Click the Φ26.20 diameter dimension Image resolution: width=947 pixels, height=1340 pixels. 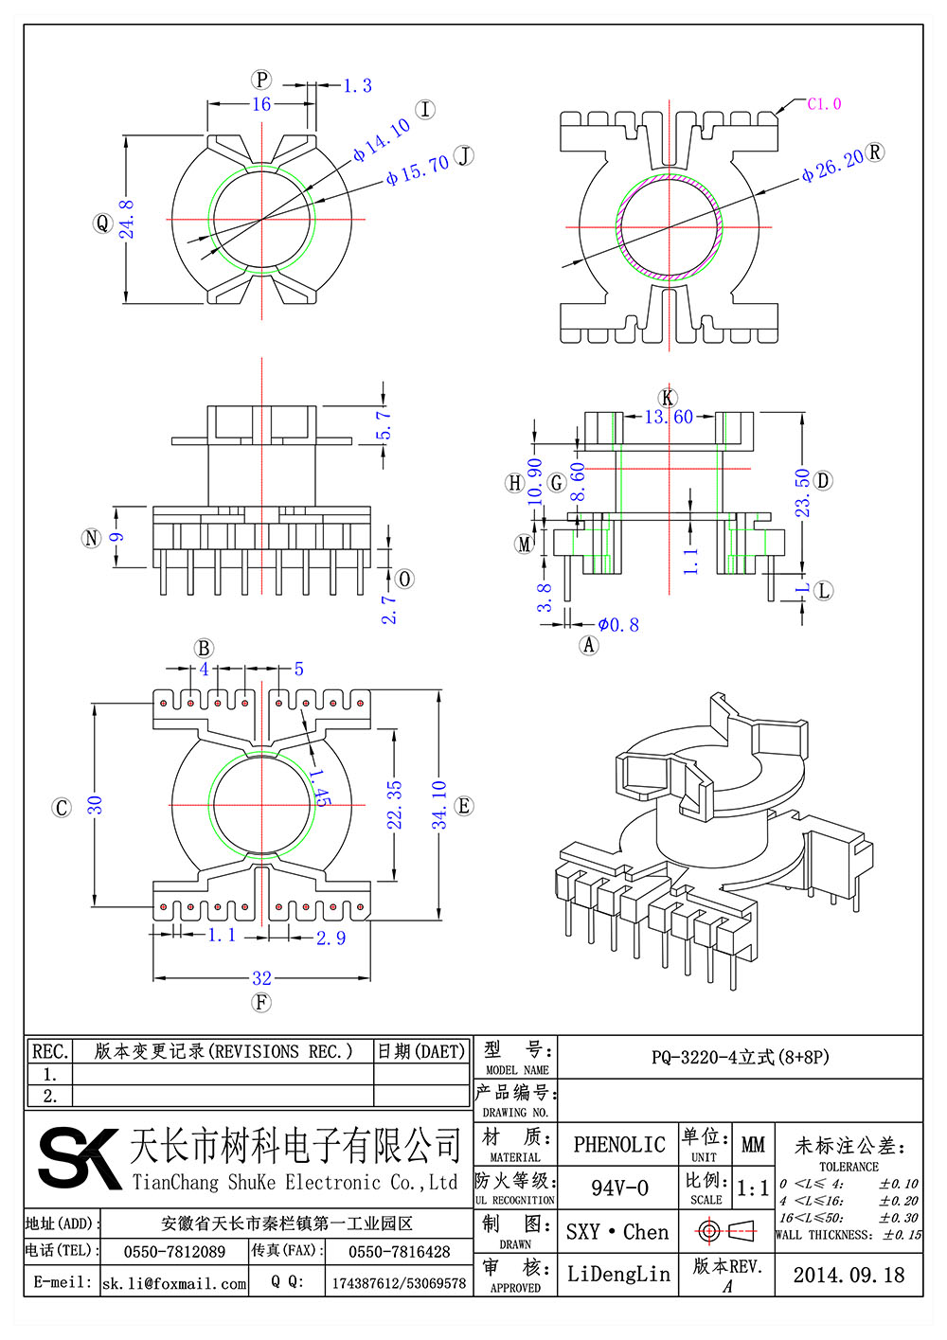[832, 165]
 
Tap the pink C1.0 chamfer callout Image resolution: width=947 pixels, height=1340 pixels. [824, 104]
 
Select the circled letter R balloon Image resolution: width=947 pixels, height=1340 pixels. [875, 152]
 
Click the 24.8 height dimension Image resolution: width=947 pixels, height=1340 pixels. [127, 220]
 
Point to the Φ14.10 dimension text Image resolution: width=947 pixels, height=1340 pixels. [381, 140]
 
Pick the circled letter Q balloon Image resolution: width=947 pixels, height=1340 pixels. [102, 223]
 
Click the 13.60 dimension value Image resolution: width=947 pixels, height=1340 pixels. [669, 417]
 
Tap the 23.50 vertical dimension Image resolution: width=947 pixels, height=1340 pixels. [801, 493]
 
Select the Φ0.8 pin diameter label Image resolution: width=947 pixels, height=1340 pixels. [618, 625]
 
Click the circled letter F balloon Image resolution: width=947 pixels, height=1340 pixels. [261, 1002]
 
